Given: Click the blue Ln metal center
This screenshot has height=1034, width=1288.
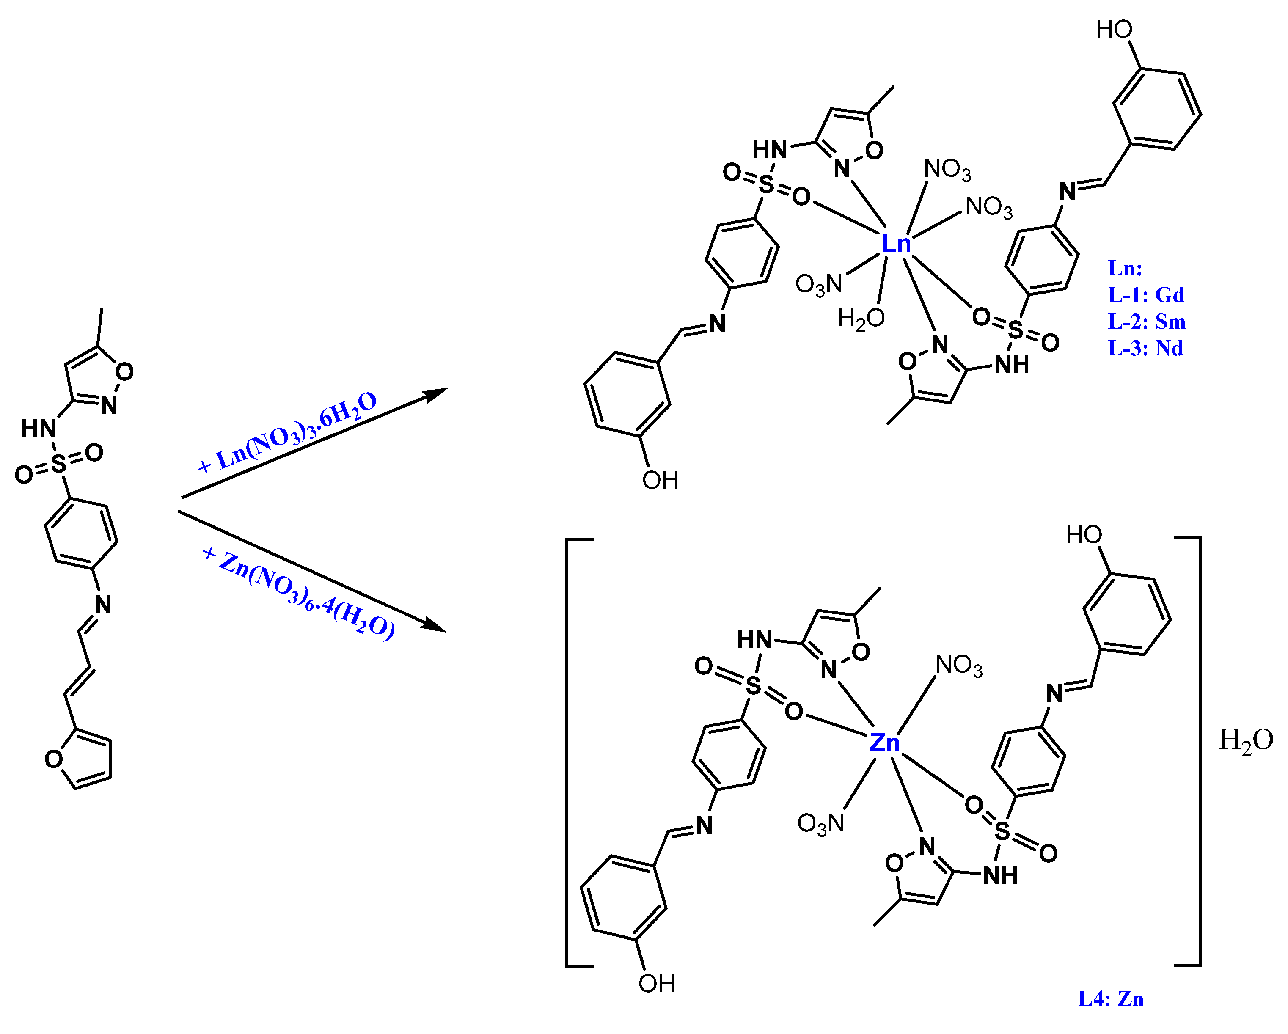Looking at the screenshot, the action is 896,244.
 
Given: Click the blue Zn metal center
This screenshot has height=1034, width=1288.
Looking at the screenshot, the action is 884,742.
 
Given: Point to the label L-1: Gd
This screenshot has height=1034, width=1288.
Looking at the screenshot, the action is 1146,295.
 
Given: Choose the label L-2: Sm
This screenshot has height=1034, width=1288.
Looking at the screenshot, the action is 1146,322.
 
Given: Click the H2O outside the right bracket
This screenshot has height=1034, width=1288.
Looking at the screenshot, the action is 1246,741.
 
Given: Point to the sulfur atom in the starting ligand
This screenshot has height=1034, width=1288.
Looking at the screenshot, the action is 58,463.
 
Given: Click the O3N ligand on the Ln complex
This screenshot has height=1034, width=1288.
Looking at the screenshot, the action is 818,285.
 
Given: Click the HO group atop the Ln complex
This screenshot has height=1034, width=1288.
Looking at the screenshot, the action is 1114,29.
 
